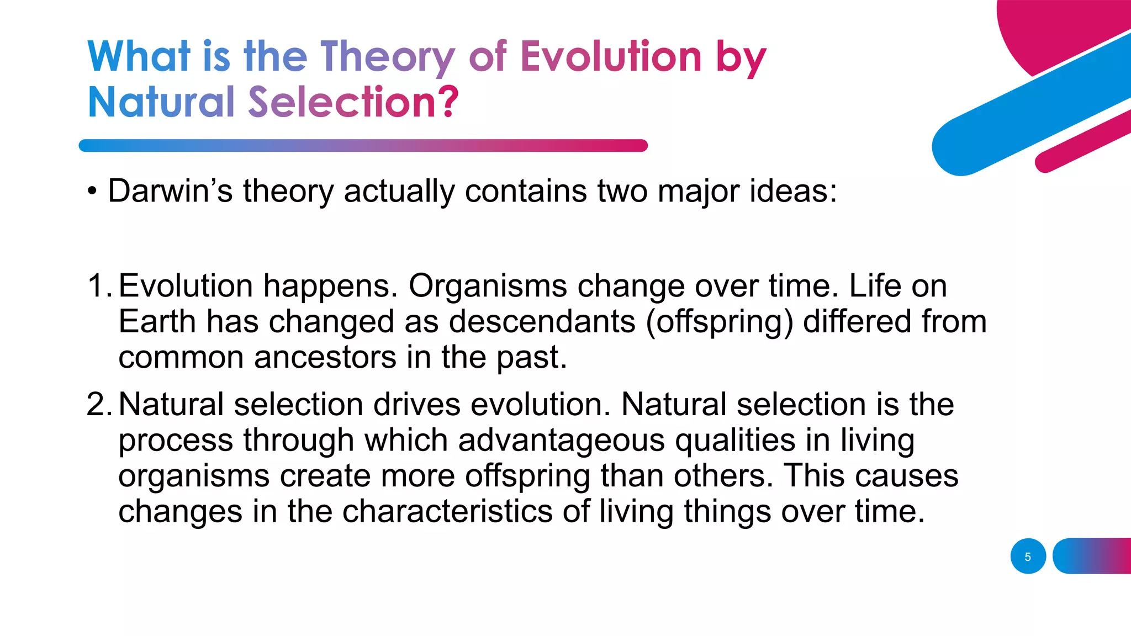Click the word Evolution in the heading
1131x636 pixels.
point(611,56)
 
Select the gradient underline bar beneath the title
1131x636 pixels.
point(363,146)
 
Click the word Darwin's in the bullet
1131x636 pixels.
point(170,191)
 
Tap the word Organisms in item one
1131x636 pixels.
point(488,286)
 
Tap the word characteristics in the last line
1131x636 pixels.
point(447,511)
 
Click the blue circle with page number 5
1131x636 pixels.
point(1028,556)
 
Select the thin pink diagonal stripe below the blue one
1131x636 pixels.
point(1082,141)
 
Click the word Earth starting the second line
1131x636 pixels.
point(157,321)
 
